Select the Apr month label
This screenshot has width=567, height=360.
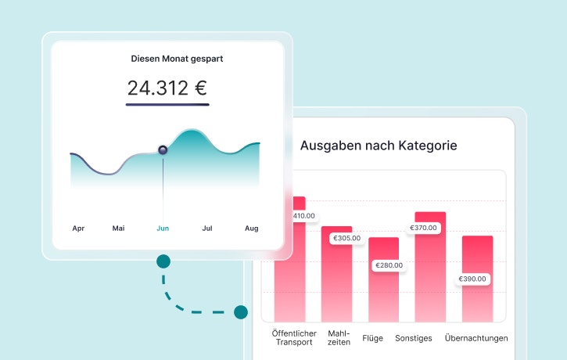(78, 229)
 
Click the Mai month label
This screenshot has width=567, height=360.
(118, 229)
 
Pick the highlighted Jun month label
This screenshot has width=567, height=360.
(163, 229)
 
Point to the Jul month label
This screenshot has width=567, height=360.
(207, 229)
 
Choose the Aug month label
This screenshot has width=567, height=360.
(252, 229)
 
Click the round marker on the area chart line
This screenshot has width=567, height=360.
(163, 149)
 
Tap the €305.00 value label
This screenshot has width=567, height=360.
(346, 238)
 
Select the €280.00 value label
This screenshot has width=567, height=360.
(389, 265)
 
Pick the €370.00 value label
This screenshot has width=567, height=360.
(425, 228)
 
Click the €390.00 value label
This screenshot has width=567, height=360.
(472, 279)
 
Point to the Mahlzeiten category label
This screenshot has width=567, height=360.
(339, 337)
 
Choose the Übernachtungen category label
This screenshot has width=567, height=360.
(476, 338)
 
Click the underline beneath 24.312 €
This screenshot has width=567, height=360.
(167, 103)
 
